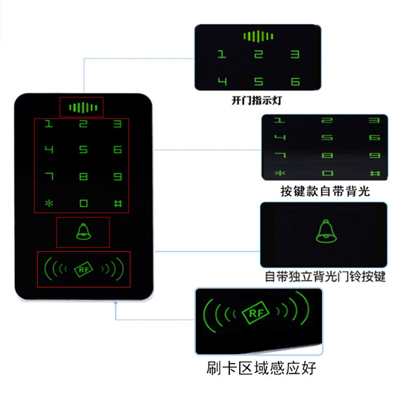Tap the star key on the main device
click(49, 203)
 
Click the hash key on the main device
click(118, 203)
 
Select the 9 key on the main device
click(118, 176)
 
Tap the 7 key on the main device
click(49, 176)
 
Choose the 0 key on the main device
click(83, 203)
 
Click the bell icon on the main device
click(83, 232)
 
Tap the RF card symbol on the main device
click(83, 269)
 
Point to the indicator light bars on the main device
click(82, 107)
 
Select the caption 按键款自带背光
click(325, 192)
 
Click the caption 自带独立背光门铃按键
click(325, 277)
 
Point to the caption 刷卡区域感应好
click(261, 369)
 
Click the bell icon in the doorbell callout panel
click(324, 231)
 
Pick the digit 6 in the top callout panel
click(295, 82)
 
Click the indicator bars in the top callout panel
click(258, 36)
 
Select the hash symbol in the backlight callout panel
click(374, 173)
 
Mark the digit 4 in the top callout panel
click(222, 82)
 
